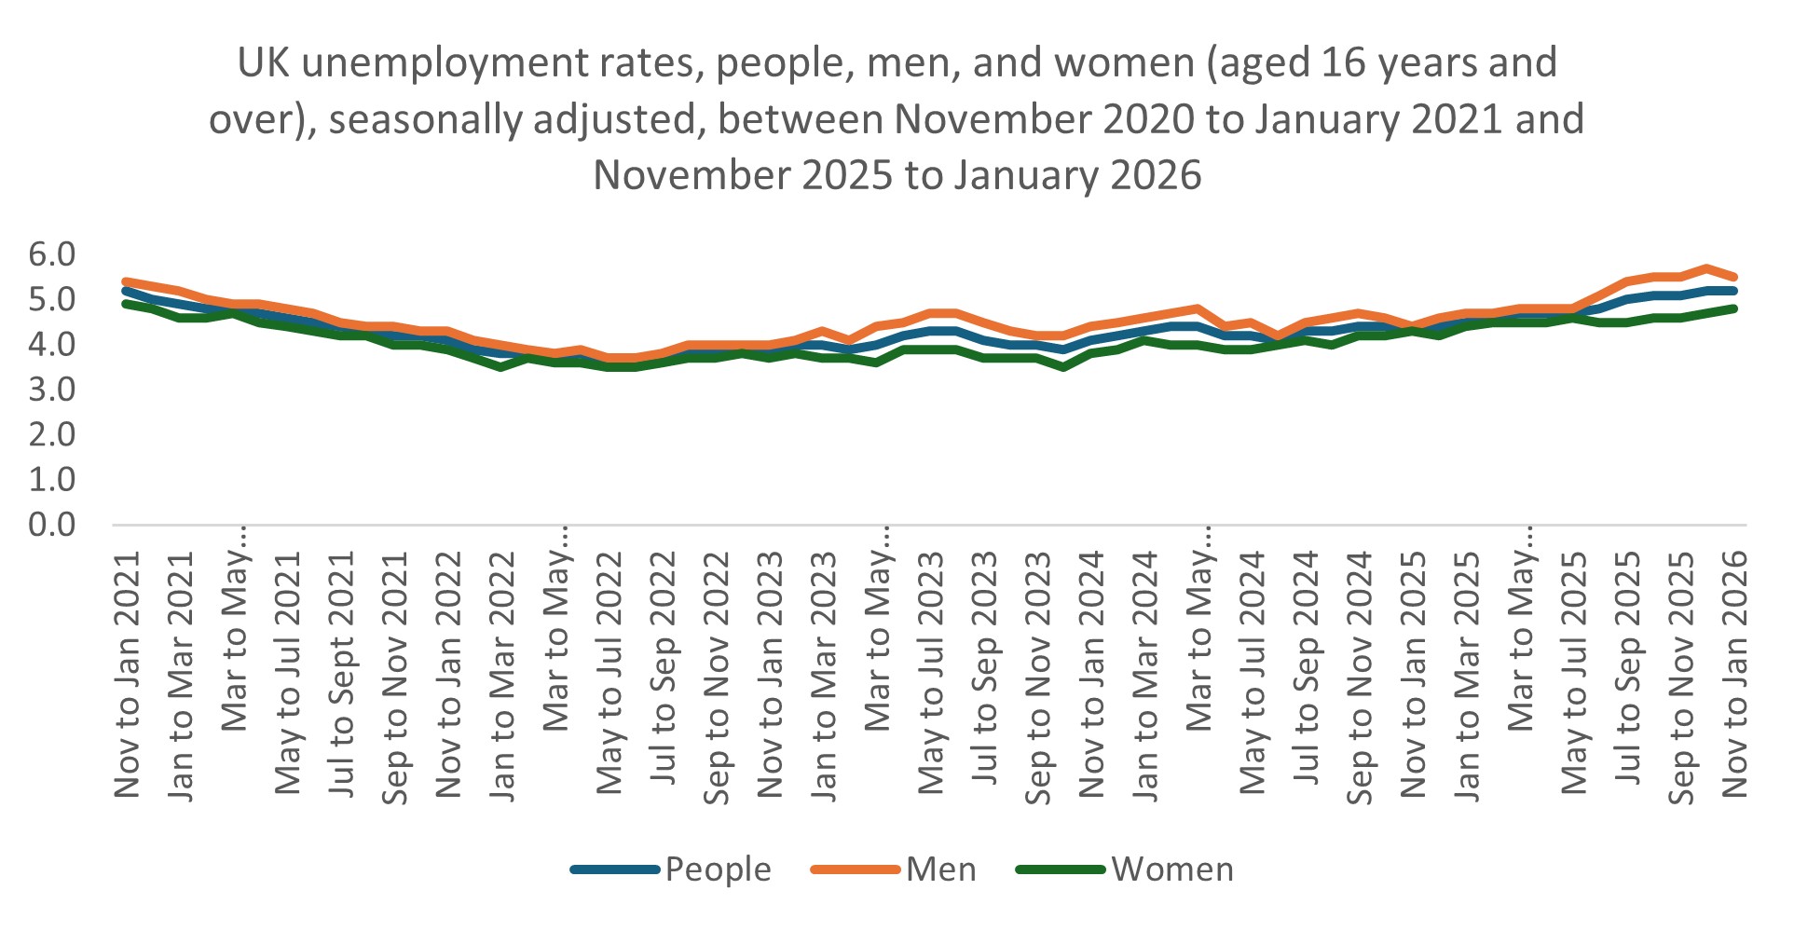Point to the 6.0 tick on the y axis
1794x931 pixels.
52,253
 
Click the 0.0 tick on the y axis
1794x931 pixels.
52,525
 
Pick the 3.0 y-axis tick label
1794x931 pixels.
52,390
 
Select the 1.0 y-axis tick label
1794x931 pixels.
52,480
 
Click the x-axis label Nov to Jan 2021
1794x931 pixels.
128,675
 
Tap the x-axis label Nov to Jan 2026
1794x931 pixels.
1734,675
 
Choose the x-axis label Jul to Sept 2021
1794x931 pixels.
342,675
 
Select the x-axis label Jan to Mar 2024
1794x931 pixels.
1145,675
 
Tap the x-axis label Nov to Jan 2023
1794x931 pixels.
771,675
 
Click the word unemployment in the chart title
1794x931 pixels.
445,63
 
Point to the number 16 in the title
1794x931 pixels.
1344,63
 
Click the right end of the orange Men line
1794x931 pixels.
1733,277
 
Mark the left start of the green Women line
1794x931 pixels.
126,303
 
